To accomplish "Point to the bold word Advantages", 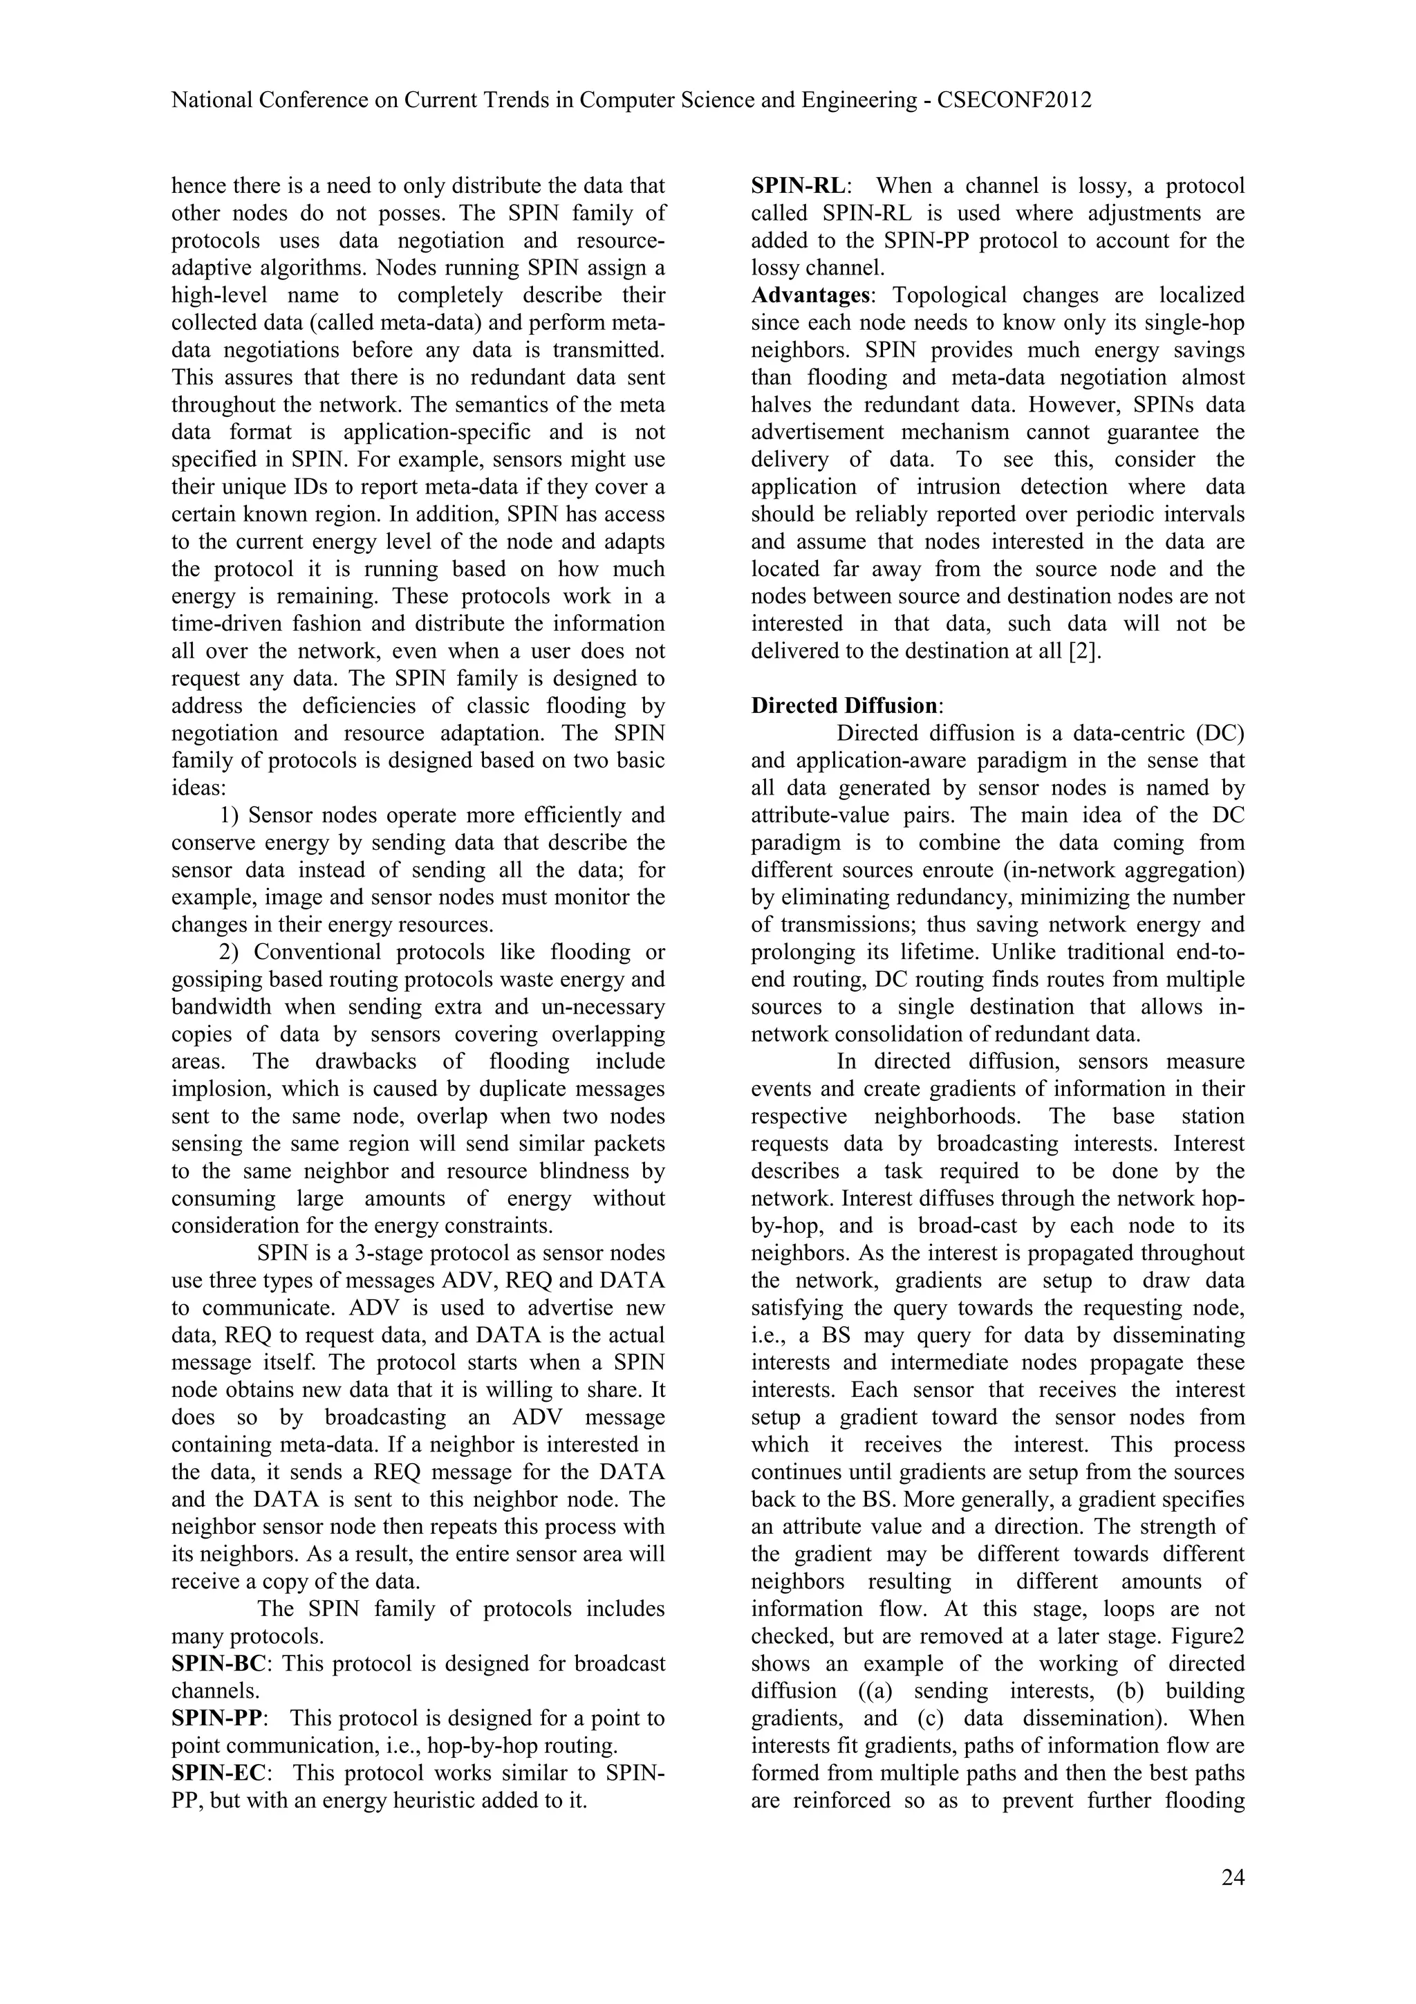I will point(810,295).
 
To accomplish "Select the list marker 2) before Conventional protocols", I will point(230,952).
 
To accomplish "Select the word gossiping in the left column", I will point(216,979).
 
